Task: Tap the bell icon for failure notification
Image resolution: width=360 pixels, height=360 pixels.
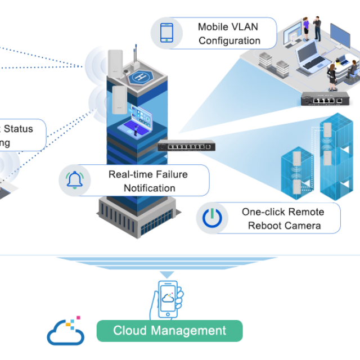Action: pyautogui.click(x=74, y=181)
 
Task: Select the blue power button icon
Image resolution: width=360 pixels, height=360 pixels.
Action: pyautogui.click(x=212, y=218)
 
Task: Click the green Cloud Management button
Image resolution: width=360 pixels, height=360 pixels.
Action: pyautogui.click(x=169, y=331)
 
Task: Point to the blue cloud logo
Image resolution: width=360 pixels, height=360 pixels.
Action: pyautogui.click(x=65, y=334)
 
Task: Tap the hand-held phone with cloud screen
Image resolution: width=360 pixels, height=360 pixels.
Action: pyautogui.click(x=168, y=299)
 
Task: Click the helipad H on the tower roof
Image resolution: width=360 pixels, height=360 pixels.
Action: pyautogui.click(x=138, y=75)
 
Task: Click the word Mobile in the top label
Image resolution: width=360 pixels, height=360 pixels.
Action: pyautogui.click(x=213, y=26)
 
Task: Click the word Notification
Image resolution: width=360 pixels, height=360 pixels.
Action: pyautogui.click(x=150, y=188)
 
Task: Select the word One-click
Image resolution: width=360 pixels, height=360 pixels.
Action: pyautogui.click(x=263, y=211)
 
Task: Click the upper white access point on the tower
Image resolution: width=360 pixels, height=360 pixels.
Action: pyautogui.click(x=116, y=61)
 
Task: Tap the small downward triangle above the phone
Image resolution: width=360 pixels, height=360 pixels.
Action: pyautogui.click(x=166, y=274)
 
